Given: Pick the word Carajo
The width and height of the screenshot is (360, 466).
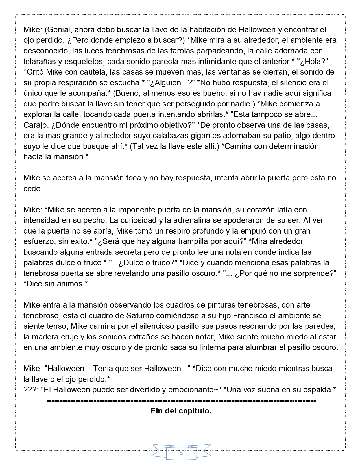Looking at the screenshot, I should click(36, 125).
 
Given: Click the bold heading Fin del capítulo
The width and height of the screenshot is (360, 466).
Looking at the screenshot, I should click(181, 411).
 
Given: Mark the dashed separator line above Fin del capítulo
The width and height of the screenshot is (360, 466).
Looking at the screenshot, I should click(181, 401).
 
